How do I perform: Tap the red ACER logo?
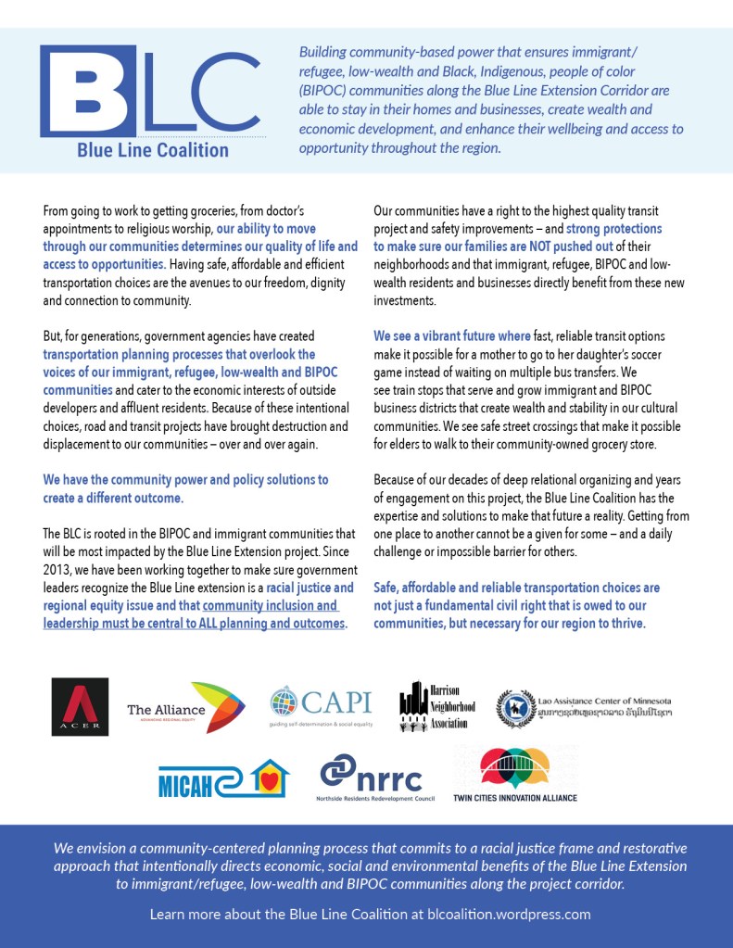point(80,706)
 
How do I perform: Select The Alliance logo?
point(185,708)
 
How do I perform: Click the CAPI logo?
point(321,706)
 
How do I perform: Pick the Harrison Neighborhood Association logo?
point(437,707)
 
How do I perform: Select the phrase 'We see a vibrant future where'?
point(453,336)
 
